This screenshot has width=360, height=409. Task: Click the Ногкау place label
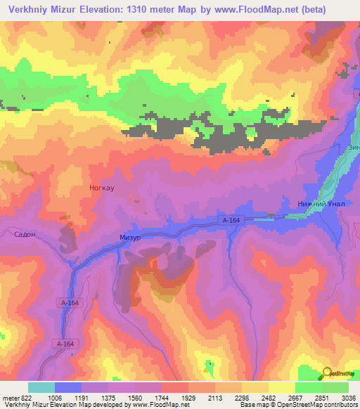coord(102,188)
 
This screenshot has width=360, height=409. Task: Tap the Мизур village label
coord(130,238)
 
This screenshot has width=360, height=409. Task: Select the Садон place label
coord(25,235)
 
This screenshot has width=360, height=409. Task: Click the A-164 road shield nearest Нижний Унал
coord(232,221)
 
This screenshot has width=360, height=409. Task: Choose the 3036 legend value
coord(348,397)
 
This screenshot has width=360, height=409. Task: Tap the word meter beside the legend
coord(10,397)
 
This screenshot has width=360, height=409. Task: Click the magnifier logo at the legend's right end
coord(328,373)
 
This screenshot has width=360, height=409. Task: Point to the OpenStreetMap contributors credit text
coord(316,405)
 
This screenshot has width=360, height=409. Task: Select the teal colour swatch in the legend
coord(41,387)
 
